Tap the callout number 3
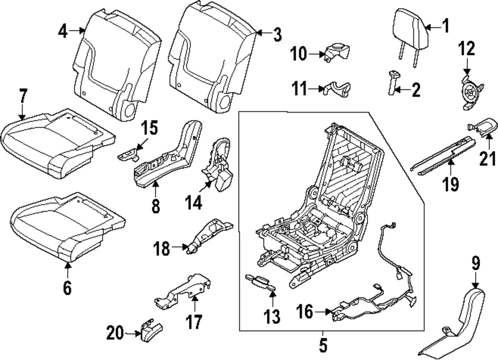(x=277, y=35)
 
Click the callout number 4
(x=62, y=31)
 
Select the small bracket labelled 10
(x=337, y=51)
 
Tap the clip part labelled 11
(x=336, y=88)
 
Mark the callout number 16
(x=306, y=313)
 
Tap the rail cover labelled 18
(x=207, y=238)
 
